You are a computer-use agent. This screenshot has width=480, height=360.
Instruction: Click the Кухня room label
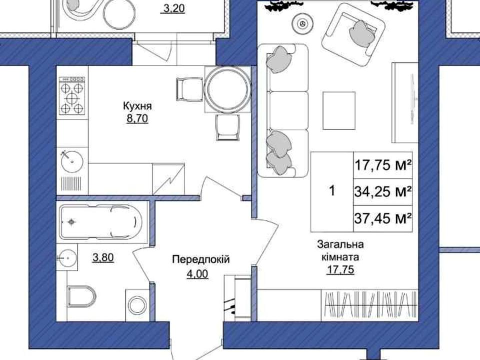click(x=137, y=106)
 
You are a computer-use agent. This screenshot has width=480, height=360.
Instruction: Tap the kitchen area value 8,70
click(x=137, y=118)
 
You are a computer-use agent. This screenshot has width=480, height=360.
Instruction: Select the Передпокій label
click(x=201, y=259)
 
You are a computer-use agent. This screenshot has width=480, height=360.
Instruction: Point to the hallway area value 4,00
click(x=197, y=273)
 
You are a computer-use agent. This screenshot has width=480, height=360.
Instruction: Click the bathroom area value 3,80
click(x=103, y=258)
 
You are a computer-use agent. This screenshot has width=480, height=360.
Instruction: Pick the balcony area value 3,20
click(x=174, y=8)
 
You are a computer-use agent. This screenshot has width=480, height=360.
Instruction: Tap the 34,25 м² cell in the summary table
click(x=382, y=192)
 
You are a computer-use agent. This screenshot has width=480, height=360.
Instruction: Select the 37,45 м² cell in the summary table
click(x=382, y=218)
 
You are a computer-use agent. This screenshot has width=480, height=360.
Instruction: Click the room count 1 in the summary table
click(x=332, y=191)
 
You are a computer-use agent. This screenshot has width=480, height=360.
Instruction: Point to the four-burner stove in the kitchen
click(x=72, y=95)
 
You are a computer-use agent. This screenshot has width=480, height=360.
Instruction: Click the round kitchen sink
click(x=72, y=161)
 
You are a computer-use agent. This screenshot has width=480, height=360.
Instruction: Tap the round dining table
click(x=227, y=89)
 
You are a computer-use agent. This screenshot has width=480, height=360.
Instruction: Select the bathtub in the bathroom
click(x=100, y=222)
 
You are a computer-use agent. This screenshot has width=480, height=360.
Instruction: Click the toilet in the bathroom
click(x=81, y=296)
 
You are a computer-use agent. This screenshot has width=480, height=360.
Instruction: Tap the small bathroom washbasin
click(x=67, y=258)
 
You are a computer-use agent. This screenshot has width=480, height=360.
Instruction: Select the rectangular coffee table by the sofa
click(x=339, y=110)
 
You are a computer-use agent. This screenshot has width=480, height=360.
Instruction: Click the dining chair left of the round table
click(x=189, y=89)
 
